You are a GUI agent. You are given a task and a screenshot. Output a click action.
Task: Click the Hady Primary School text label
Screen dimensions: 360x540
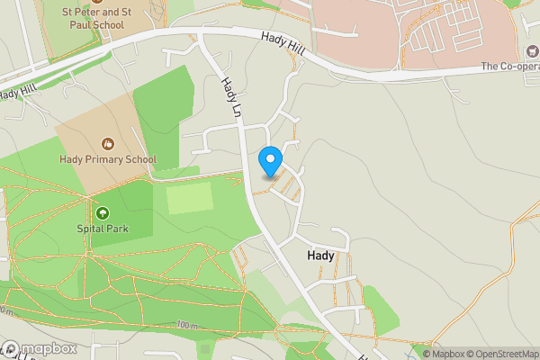tap(108, 159)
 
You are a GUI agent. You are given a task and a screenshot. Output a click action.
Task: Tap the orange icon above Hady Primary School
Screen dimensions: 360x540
tap(108, 143)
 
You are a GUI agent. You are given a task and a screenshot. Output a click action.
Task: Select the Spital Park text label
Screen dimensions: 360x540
tap(103, 229)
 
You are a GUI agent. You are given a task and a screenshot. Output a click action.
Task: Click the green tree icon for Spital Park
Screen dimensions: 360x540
tap(103, 213)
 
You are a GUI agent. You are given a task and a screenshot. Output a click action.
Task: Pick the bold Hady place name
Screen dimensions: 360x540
tap(320, 256)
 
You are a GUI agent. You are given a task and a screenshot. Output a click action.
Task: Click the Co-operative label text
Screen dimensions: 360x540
tap(509, 66)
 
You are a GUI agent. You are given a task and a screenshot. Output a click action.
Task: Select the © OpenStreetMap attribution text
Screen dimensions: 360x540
tap(500, 354)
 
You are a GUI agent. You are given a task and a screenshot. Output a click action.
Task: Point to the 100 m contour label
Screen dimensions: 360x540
tap(186, 325)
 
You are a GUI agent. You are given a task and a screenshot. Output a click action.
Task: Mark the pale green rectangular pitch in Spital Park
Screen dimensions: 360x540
tap(191, 197)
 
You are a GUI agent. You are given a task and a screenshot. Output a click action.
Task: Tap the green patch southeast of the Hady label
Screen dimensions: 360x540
tap(380, 310)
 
